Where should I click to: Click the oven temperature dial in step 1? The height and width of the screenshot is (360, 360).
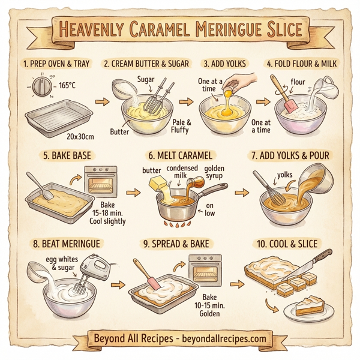[41, 88]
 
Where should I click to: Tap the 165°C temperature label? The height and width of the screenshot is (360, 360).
[66, 86]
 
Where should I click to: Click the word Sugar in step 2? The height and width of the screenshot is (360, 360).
[146, 79]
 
